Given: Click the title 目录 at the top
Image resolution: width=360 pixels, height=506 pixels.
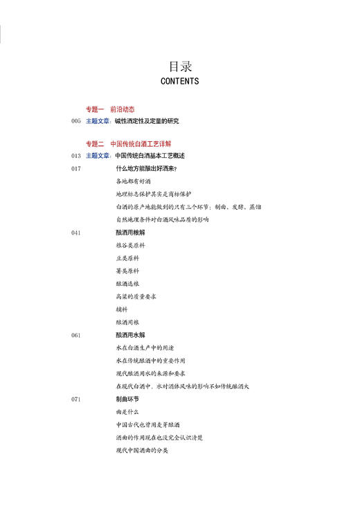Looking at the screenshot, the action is [x=179, y=66].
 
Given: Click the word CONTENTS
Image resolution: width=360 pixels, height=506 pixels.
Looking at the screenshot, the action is [x=179, y=81].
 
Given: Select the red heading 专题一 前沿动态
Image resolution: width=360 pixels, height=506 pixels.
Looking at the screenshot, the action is [x=110, y=109].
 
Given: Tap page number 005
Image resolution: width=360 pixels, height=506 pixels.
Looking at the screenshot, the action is [x=76, y=121].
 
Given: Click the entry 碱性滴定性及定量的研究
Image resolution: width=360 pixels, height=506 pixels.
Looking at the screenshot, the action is [x=147, y=121].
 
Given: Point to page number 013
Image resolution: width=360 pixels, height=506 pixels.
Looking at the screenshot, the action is [x=76, y=156].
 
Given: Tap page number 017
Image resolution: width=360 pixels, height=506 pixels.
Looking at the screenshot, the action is [x=76, y=168].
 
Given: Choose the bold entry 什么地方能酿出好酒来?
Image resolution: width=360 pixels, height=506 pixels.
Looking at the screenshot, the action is [x=146, y=168].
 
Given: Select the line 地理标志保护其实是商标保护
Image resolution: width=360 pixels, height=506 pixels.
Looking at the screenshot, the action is [x=154, y=194].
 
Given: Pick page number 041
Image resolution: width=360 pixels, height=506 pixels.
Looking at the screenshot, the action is [x=76, y=233].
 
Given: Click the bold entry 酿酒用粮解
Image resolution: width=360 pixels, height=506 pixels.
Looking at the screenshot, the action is [x=131, y=233].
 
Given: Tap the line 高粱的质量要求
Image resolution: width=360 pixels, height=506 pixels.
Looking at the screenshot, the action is [x=136, y=296].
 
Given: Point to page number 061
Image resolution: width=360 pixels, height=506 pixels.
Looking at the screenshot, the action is [x=76, y=335].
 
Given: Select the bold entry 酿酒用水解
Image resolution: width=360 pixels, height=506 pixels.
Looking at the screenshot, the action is [x=131, y=335].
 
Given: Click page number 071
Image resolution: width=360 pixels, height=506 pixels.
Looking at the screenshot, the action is [x=76, y=399].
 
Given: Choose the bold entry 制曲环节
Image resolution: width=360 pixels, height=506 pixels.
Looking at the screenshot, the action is [x=127, y=399].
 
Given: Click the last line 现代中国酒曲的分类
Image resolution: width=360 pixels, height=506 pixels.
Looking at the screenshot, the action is [x=142, y=451].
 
